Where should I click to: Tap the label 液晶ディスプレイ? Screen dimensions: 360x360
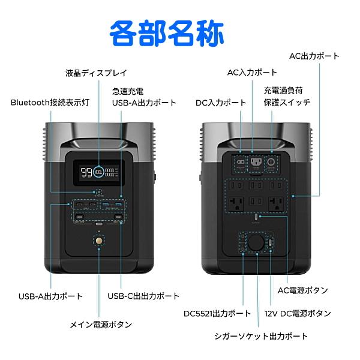[96, 73]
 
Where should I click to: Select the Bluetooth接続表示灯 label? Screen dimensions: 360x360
[50, 102]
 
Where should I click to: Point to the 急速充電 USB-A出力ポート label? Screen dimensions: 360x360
[144, 97]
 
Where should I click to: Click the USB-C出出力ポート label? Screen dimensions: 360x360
[143, 296]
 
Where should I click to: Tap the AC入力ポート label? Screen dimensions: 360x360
[252, 73]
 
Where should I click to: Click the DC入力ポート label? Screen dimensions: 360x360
[221, 103]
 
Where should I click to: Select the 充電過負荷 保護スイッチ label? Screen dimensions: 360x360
[287, 96]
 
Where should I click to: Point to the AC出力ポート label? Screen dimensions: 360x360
[314, 56]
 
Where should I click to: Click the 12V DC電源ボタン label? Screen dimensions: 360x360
[297, 313]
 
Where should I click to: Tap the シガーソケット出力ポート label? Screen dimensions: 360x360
[261, 336]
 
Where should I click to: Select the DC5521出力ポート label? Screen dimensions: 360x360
[217, 313]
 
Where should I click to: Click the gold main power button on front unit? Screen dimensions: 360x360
[98, 241]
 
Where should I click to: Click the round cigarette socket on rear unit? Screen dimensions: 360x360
[257, 242]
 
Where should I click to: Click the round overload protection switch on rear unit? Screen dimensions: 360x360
[271, 162]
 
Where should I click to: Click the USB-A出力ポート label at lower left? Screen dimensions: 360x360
[50, 296]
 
